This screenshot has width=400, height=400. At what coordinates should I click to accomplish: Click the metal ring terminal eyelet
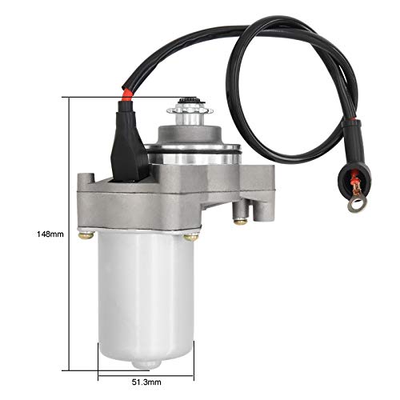pyautogui.click(x=355, y=205)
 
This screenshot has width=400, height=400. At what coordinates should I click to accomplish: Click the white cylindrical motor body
pyautogui.click(x=143, y=296)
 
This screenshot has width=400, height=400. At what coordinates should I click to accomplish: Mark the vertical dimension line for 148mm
pyautogui.click(x=71, y=234)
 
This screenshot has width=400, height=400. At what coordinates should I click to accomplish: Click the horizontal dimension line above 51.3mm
pyautogui.click(x=144, y=373)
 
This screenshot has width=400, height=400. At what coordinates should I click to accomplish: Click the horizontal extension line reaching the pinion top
pyautogui.click(x=120, y=98)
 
